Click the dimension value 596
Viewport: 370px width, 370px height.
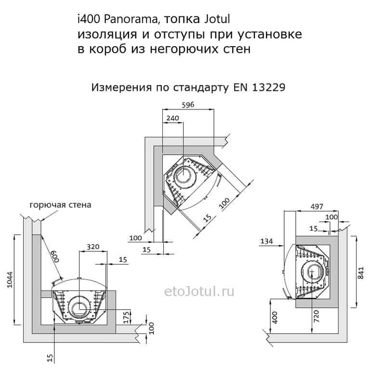188,105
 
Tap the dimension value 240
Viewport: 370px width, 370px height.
173,118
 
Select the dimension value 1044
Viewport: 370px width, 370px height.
10,280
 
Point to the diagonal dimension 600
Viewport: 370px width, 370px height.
53,255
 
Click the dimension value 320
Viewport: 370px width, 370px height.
93,247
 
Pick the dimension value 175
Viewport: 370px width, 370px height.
127,317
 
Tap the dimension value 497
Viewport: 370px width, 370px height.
317,207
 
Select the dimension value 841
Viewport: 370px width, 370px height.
361,273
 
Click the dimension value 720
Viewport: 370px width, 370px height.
317,317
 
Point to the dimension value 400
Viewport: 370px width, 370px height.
275,317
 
